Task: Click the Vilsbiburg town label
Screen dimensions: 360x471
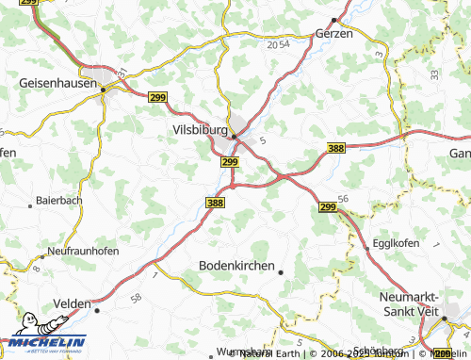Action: tap(201, 129)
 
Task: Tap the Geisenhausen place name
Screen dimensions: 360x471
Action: tap(58, 83)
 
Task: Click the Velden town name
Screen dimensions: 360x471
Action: tap(73, 303)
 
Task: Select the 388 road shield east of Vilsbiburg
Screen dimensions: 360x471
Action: tap(337, 148)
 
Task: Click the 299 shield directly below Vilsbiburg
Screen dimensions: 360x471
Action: tap(230, 162)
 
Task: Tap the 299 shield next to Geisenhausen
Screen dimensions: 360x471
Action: tap(158, 96)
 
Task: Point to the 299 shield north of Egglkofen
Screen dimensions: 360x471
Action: tap(328, 206)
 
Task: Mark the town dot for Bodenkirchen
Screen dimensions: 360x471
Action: tap(280, 272)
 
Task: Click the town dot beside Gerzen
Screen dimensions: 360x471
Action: tap(333, 18)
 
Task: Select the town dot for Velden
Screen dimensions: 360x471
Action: tap(96, 308)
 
